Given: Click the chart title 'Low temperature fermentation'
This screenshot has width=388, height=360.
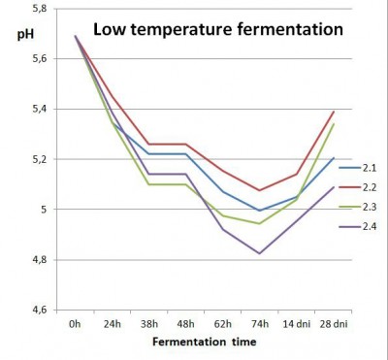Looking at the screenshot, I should click(x=217, y=29).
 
